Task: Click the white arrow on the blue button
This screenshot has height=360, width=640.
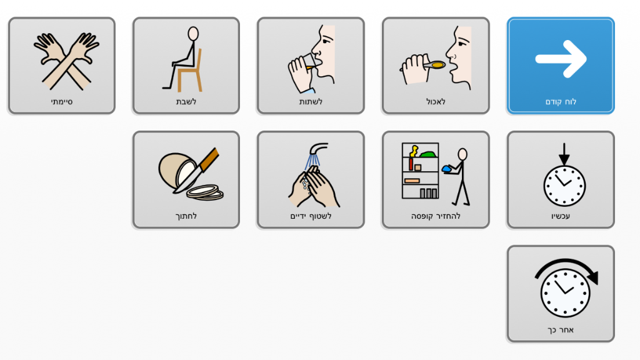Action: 561,59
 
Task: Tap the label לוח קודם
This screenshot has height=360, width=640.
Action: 561,102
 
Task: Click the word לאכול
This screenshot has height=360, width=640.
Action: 436,102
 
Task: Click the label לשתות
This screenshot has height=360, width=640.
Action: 311,102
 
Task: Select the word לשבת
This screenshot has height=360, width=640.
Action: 186,102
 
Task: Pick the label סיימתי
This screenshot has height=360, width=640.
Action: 62,102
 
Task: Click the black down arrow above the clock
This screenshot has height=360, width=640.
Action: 564,154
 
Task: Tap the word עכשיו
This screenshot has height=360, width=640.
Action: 561,216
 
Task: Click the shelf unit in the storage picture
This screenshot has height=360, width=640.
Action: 420,171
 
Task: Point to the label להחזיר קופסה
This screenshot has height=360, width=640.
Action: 436,216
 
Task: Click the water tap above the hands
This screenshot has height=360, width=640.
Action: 318,149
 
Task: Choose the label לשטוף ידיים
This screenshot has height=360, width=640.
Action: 311,216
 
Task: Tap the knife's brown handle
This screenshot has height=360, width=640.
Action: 209,159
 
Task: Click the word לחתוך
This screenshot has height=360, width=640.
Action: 186,216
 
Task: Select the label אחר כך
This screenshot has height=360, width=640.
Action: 561,330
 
